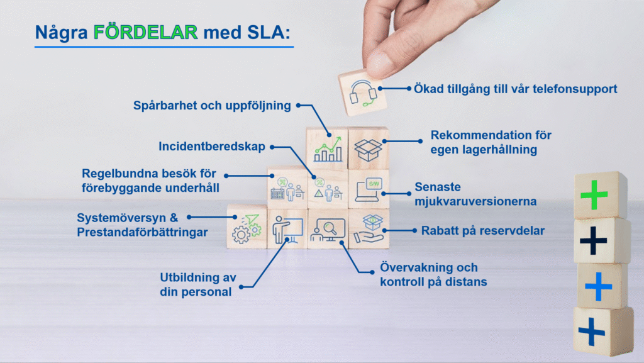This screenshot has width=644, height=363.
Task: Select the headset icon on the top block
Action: point(362,93)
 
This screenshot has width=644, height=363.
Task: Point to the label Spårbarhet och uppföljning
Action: point(212,106)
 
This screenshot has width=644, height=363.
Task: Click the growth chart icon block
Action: point(326,148)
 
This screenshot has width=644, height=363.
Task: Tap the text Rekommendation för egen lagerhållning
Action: point(491,142)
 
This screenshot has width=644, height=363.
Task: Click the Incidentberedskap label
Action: point(212,147)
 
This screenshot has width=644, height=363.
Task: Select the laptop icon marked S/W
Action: point(369,189)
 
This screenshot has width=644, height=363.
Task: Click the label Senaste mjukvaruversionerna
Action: point(475,194)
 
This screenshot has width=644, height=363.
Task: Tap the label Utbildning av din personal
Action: point(195,284)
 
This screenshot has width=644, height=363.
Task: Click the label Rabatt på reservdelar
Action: point(480,231)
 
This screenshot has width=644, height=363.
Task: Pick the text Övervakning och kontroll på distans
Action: point(433,275)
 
